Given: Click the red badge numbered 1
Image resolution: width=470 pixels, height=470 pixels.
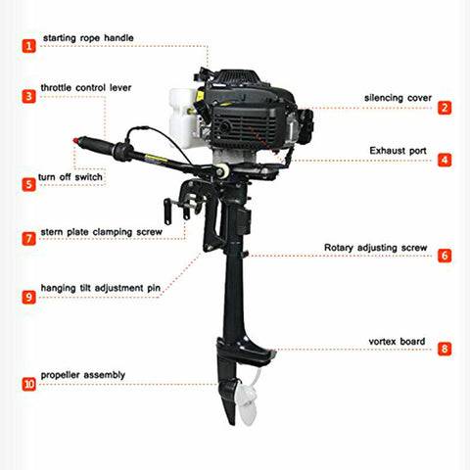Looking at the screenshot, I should coord(28,45).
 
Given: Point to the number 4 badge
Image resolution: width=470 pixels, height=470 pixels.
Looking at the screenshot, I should coord(444,159).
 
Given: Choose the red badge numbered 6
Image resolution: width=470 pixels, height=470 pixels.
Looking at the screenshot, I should coord(444,256).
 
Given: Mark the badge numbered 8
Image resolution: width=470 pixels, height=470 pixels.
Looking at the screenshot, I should coord(444,348).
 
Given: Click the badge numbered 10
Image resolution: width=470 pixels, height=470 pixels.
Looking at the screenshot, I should coord(28,384).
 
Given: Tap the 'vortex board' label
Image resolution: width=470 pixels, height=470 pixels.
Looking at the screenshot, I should coord(397,341).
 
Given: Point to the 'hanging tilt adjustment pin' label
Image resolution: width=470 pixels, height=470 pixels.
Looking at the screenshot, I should coord(101,289).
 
